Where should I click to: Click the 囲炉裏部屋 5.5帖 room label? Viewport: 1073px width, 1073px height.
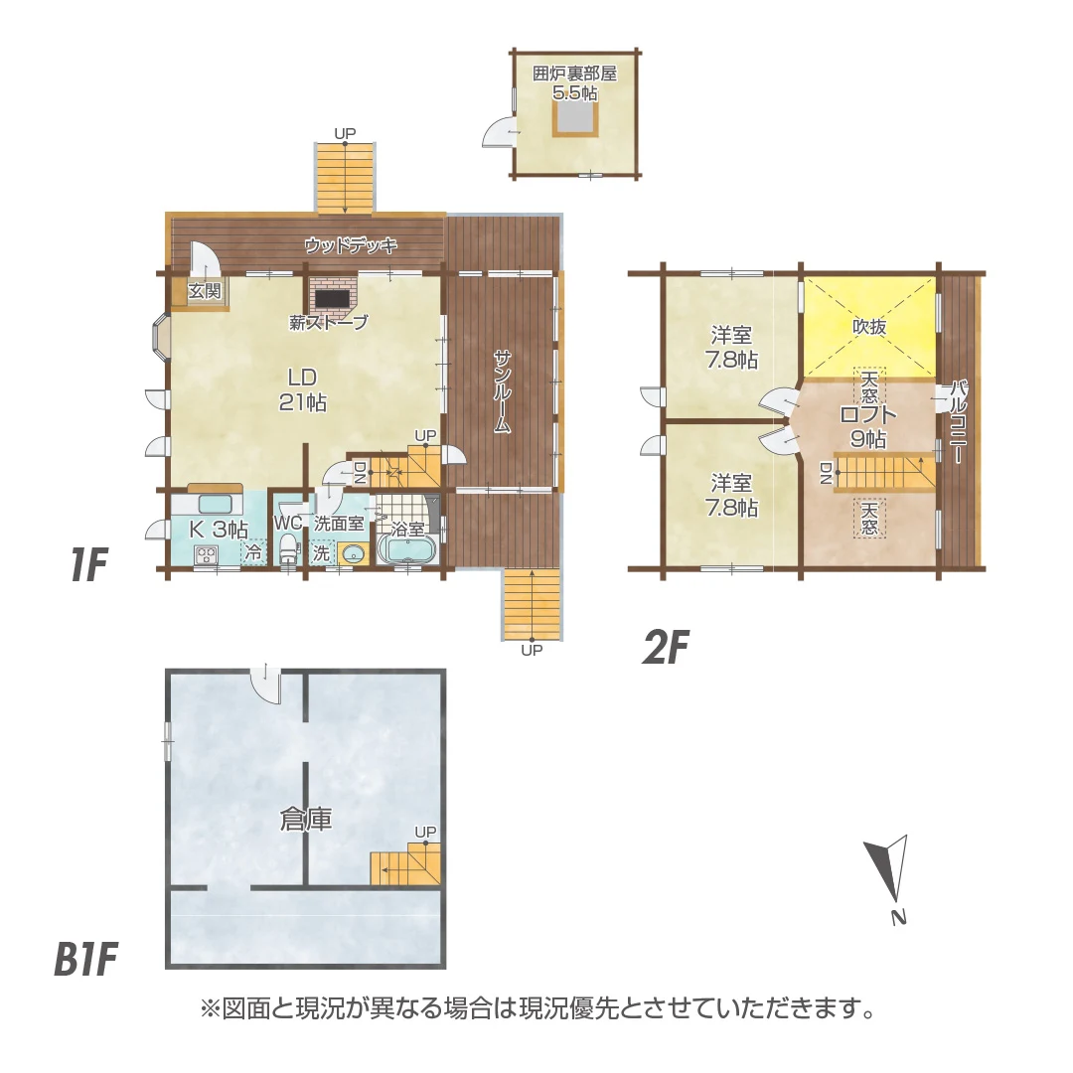[x=575, y=82]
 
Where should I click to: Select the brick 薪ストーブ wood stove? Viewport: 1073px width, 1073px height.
[x=330, y=296]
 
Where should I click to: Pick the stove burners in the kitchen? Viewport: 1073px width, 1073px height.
[x=207, y=554]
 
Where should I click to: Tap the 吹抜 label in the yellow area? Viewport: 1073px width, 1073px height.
[x=869, y=326]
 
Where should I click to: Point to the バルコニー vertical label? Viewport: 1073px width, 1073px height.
[x=957, y=422]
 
